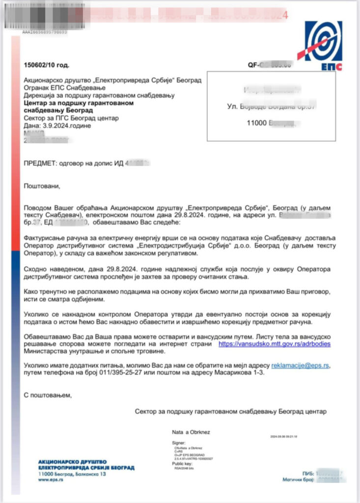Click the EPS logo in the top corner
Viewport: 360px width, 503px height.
click(323, 46)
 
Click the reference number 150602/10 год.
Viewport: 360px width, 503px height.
click(47, 65)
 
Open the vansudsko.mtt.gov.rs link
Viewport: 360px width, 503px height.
click(275, 344)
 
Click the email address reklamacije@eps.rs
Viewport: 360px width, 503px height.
click(301, 366)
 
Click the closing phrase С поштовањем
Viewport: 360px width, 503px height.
click(48, 394)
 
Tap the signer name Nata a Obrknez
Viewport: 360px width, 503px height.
click(191, 432)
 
